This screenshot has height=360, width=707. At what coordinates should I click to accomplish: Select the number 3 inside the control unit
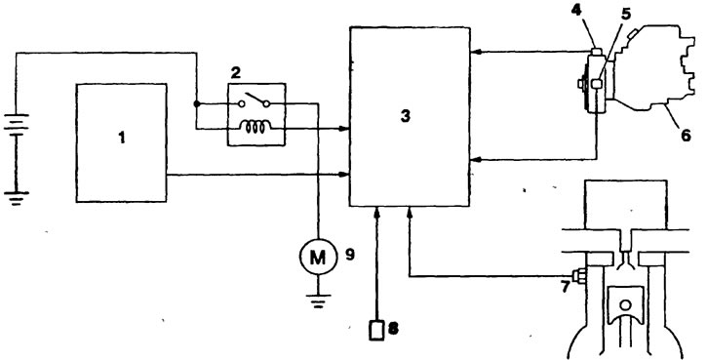(406, 116)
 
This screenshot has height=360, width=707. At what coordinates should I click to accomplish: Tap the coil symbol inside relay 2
(255, 127)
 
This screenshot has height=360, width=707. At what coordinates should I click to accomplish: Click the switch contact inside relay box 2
(254, 100)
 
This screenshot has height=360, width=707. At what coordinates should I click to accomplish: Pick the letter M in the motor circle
(318, 258)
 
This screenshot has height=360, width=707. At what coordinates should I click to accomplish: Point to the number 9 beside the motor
(350, 255)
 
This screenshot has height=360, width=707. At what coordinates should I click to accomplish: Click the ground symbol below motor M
(318, 301)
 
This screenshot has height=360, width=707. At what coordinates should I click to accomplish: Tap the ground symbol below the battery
(17, 198)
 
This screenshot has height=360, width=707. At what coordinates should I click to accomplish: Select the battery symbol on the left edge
(17, 126)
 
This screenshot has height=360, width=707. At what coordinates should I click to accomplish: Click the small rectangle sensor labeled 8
(377, 330)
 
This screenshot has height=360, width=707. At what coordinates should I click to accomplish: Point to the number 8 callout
(393, 329)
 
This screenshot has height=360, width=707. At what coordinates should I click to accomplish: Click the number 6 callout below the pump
(686, 135)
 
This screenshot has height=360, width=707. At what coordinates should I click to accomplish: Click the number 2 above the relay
(235, 74)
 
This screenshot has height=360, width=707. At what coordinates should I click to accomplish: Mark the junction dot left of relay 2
(196, 103)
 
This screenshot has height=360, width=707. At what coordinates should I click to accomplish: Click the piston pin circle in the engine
(625, 305)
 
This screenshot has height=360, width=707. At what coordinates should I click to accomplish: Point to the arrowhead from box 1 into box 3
(345, 175)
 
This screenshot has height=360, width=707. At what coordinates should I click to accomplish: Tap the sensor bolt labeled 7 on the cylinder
(579, 276)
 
